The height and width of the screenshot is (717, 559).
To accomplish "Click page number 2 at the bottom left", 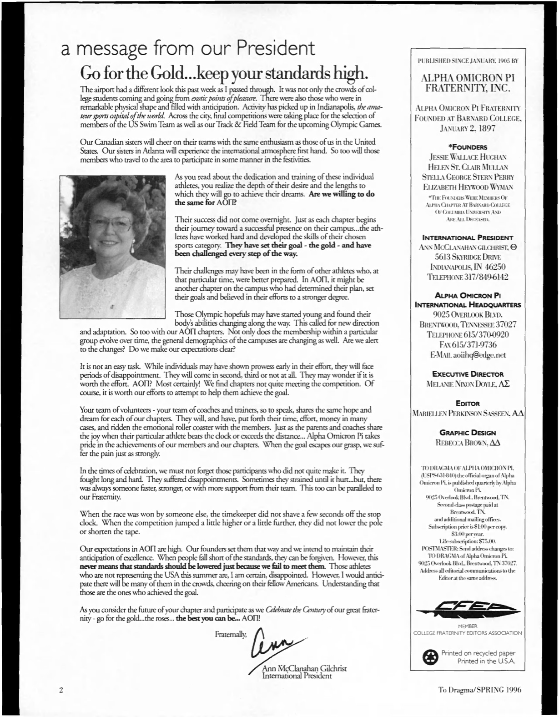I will [60, 690].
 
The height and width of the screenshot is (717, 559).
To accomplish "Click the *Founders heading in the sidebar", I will [467, 147].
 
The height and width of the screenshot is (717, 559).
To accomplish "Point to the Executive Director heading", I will [467, 374].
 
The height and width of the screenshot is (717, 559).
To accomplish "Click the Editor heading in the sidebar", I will [467, 403].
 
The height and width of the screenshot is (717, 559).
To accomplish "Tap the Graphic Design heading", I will [467, 433].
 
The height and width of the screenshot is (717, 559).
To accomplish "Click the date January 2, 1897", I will [467, 128].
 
